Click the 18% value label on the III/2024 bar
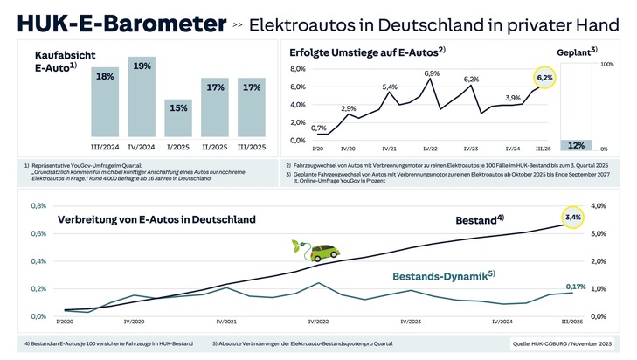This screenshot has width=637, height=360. point(105,77)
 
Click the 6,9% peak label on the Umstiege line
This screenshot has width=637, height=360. point(432,73)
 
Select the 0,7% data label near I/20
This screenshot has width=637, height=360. point(320,128)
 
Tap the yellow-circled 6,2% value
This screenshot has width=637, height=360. point(545,79)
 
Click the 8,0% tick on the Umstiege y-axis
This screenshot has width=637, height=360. point(297,68)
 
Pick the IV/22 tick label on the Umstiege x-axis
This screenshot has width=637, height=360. point(430,149)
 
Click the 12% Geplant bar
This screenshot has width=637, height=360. point(576,144)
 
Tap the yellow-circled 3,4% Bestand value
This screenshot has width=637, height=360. point(573,216)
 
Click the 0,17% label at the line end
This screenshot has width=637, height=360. point(576,286)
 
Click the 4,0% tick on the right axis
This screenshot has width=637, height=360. point(599,206)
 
